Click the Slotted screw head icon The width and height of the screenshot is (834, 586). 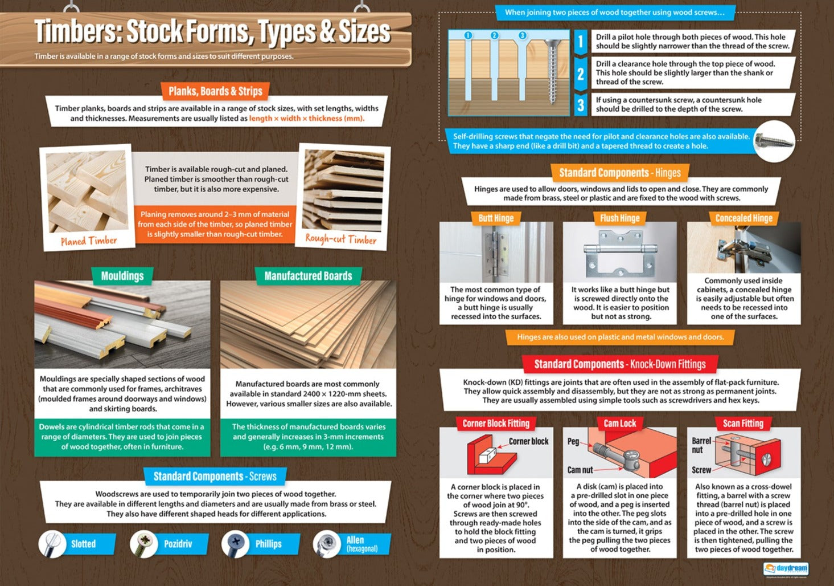[x=52, y=543]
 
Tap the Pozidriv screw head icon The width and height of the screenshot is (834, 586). [x=143, y=544]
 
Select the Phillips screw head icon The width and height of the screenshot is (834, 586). [x=235, y=544]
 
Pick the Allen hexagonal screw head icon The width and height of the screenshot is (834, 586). [x=327, y=544]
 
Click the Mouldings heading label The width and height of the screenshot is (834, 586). [x=122, y=276]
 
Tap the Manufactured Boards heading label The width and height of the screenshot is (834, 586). [x=308, y=276]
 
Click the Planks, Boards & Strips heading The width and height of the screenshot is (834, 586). [x=215, y=91]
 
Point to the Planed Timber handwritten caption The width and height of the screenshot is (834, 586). [x=89, y=241]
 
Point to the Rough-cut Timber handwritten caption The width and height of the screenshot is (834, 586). [x=340, y=239]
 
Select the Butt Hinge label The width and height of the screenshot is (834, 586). [x=496, y=218]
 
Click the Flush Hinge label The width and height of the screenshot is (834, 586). [x=619, y=218]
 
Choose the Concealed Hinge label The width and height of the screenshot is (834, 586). [x=743, y=218]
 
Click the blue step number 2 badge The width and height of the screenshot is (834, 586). [x=580, y=74]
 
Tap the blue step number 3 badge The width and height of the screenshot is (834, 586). [x=580, y=105]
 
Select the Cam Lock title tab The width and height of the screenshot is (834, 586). [x=619, y=424]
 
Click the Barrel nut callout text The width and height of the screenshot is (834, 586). [x=701, y=445]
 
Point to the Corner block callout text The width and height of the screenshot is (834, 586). [x=528, y=441]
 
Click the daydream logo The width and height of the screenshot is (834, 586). [x=786, y=569]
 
